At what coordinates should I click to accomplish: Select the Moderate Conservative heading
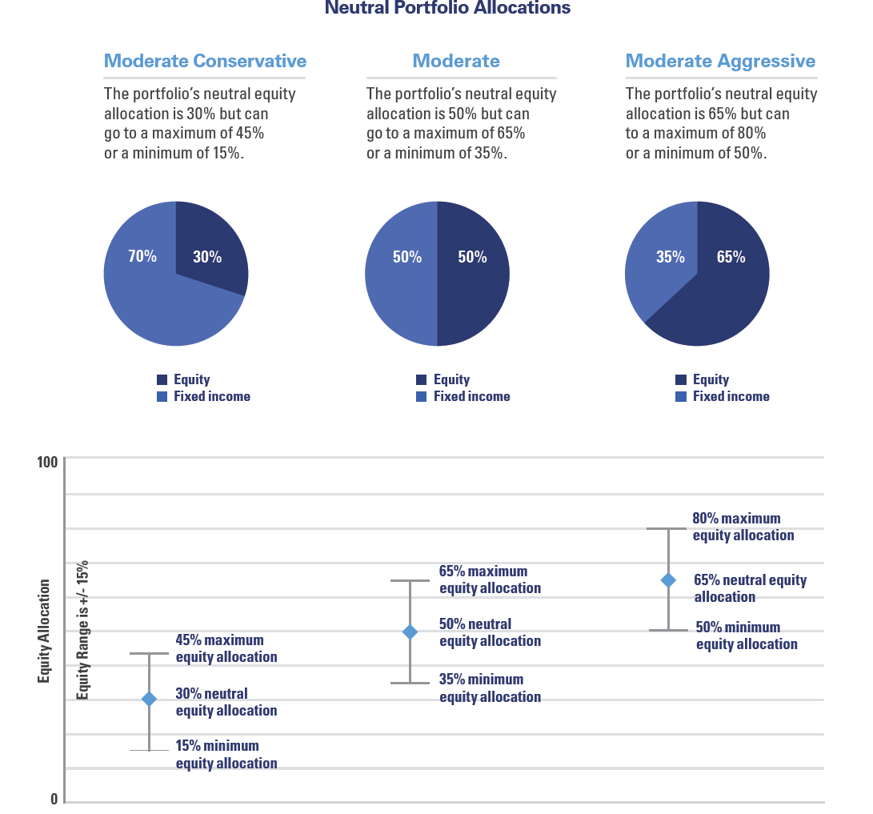pyautogui.click(x=205, y=61)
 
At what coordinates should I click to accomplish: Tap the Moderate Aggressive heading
pyautogui.click(x=720, y=61)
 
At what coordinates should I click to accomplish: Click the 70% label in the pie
pyautogui.click(x=142, y=257)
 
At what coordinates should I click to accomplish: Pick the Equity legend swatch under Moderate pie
pyautogui.click(x=422, y=380)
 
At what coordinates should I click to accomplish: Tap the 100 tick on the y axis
pyautogui.click(x=48, y=462)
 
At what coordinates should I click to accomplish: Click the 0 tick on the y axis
pyautogui.click(x=54, y=799)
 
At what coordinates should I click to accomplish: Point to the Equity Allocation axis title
pyautogui.click(x=44, y=632)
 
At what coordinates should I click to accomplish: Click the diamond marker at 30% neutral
pyautogui.click(x=149, y=700)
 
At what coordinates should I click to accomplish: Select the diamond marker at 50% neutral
pyautogui.click(x=410, y=632)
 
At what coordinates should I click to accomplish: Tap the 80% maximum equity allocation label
pyautogui.click(x=743, y=527)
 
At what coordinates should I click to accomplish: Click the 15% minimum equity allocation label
pyautogui.click(x=226, y=754)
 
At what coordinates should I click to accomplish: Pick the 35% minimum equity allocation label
pyautogui.click(x=490, y=688)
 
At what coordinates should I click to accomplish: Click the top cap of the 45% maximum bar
pyautogui.click(x=149, y=654)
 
